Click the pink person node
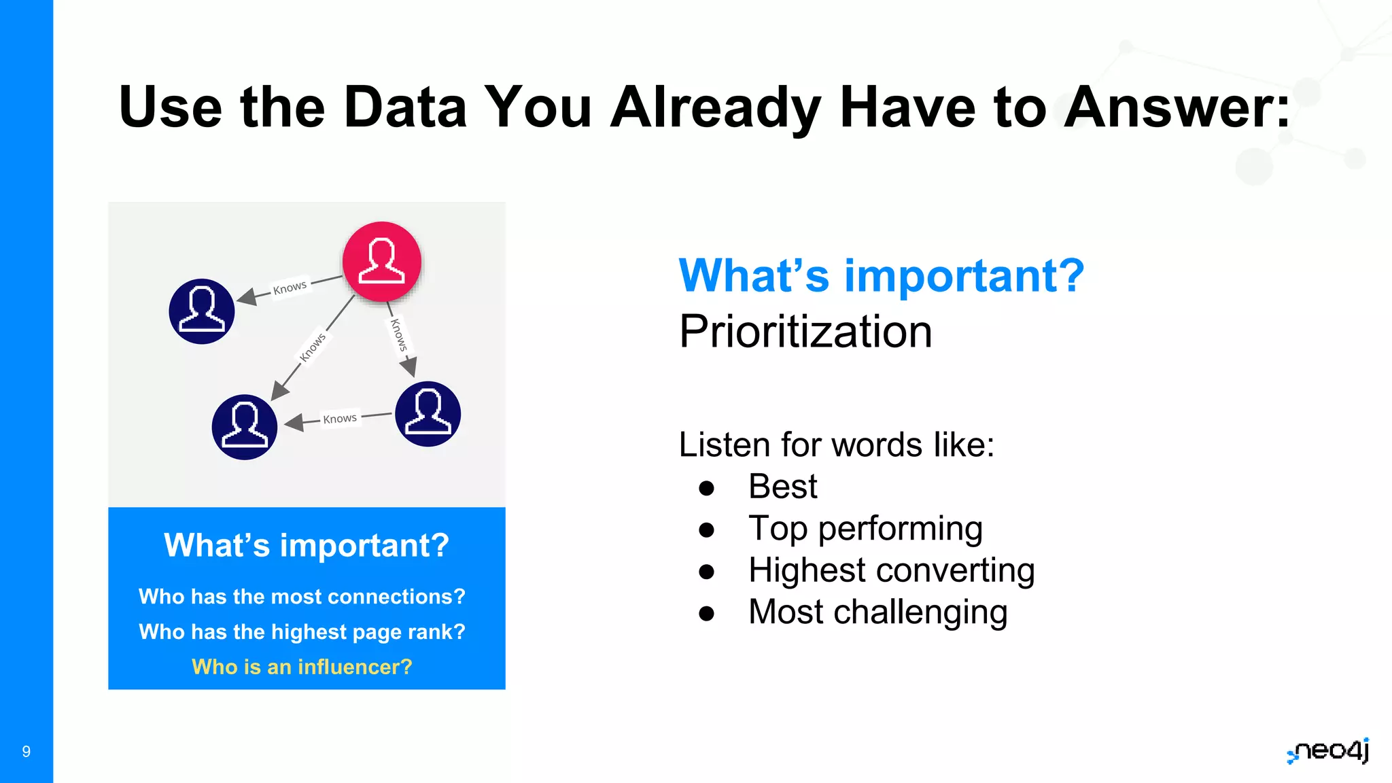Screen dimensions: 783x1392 [382, 262]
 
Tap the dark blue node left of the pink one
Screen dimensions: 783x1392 [202, 311]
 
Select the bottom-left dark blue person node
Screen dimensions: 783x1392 [245, 427]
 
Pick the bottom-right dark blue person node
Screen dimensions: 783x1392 [428, 414]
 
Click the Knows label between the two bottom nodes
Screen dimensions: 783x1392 [340, 419]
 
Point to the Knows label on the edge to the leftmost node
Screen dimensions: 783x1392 [290, 288]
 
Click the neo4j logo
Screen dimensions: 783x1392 [1329, 751]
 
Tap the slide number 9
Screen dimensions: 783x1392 [27, 751]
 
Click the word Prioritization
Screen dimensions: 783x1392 [805, 332]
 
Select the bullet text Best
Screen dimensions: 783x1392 [782, 487]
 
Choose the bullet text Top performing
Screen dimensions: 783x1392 [865, 529]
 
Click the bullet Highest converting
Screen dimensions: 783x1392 [891, 570]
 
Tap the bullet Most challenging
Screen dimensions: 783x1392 [877, 612]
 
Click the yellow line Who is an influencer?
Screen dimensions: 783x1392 [302, 667]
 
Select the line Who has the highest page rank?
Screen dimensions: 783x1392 [302, 631]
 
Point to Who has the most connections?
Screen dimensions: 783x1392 [302, 596]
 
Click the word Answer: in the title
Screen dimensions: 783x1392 [1177, 107]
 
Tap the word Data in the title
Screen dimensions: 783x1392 [405, 107]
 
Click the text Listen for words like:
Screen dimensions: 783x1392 [836, 445]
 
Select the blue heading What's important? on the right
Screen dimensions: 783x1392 [881, 276]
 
